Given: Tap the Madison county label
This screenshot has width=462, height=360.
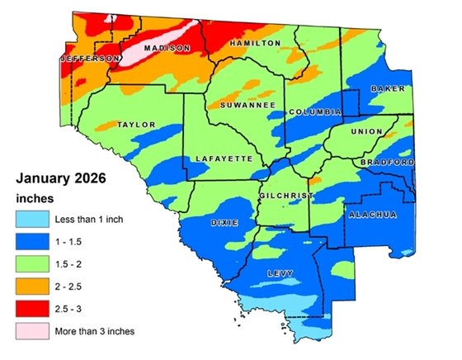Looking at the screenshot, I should pyautogui.click(x=161, y=49).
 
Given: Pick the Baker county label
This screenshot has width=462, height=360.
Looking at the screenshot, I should pyautogui.click(x=386, y=88).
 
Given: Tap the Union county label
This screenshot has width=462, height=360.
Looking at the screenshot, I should pyautogui.click(x=367, y=132).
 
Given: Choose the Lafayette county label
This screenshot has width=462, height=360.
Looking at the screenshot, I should pyautogui.click(x=222, y=158).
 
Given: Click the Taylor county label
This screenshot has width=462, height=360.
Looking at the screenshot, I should pyautogui.click(x=138, y=125).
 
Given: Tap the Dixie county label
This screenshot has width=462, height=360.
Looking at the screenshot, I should pyautogui.click(x=224, y=223).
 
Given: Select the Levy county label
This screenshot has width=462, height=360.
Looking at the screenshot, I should pyautogui.click(x=280, y=272).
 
